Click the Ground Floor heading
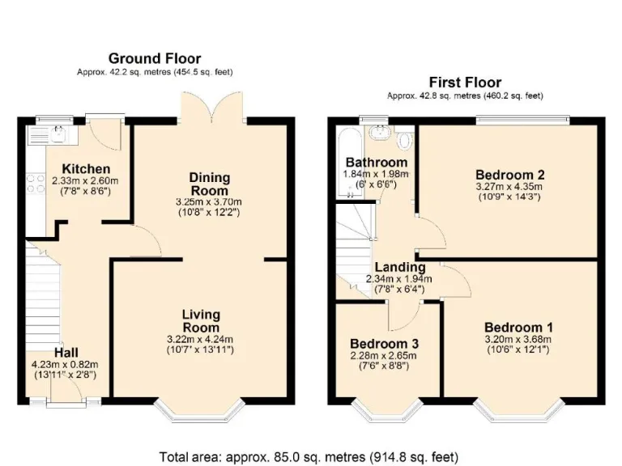pos(155,58)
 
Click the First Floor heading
pos(465,83)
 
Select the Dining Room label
pos(210,184)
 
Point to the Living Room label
pos(201,321)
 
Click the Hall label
pos(66,353)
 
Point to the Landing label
pos(399,267)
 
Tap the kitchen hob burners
pos(36,184)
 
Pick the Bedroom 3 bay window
pos(387,410)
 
